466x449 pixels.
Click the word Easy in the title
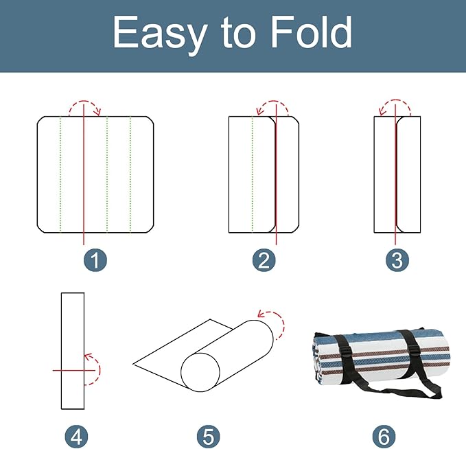(160, 34)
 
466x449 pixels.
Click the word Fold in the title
(312, 32)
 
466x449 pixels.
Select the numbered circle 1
(95, 260)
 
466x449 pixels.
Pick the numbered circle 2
(264, 260)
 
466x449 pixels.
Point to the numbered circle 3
(397, 260)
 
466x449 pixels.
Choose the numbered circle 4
(76, 436)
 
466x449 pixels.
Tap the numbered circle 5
(209, 436)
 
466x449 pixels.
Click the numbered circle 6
(384, 436)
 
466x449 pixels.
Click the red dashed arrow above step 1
(84, 101)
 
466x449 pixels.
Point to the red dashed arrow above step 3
(395, 100)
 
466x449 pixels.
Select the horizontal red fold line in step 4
(73, 370)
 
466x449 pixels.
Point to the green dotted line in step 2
(253, 174)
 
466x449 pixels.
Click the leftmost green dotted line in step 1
(60, 174)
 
